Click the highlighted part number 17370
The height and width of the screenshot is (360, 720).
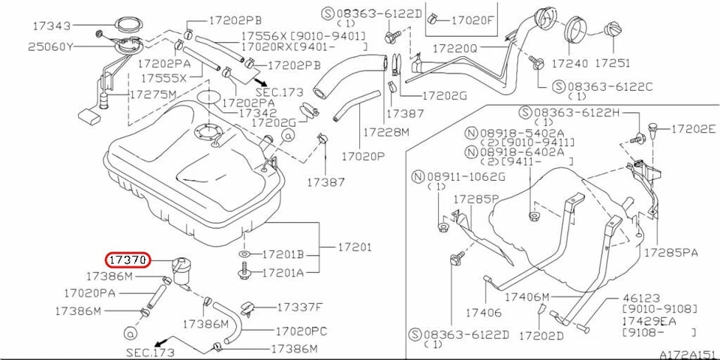point(128,260)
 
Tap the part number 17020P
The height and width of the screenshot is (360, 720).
point(363,158)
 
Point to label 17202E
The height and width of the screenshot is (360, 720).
point(694,128)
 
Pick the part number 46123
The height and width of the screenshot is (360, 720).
point(640,298)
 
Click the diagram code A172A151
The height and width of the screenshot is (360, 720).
point(686,353)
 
